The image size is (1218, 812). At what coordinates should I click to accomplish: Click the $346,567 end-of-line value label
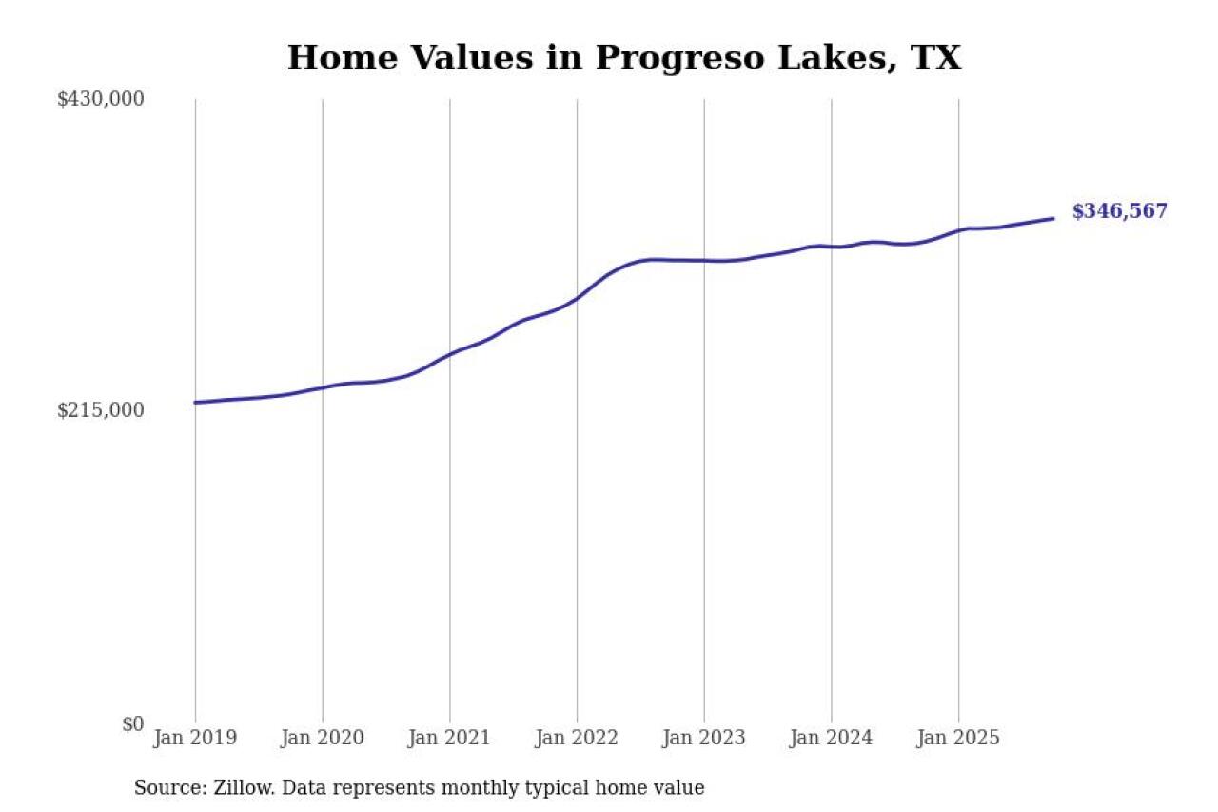click(x=1119, y=211)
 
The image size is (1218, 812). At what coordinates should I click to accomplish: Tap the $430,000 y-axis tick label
click(x=100, y=99)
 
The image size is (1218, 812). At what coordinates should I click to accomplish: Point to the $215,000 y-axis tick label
click(x=100, y=410)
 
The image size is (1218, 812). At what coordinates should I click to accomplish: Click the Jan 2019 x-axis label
click(x=195, y=738)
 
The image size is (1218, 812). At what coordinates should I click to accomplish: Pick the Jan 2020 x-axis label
click(x=323, y=738)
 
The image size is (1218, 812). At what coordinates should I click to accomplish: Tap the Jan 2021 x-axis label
click(x=449, y=738)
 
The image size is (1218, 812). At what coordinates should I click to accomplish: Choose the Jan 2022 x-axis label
click(x=577, y=738)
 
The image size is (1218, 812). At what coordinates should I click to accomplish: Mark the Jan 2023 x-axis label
click(x=704, y=738)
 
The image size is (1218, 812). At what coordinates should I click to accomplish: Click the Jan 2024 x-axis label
click(x=832, y=738)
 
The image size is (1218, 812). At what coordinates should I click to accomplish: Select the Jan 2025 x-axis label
click(x=958, y=738)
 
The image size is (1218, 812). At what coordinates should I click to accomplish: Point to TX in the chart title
click(x=936, y=58)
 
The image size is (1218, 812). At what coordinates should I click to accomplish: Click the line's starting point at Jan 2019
click(x=195, y=402)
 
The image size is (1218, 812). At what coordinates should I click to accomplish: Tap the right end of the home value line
click(x=1052, y=219)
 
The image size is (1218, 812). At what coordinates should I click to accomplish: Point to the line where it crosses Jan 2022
click(x=577, y=298)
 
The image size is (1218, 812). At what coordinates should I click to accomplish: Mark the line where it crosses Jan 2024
click(x=832, y=247)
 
